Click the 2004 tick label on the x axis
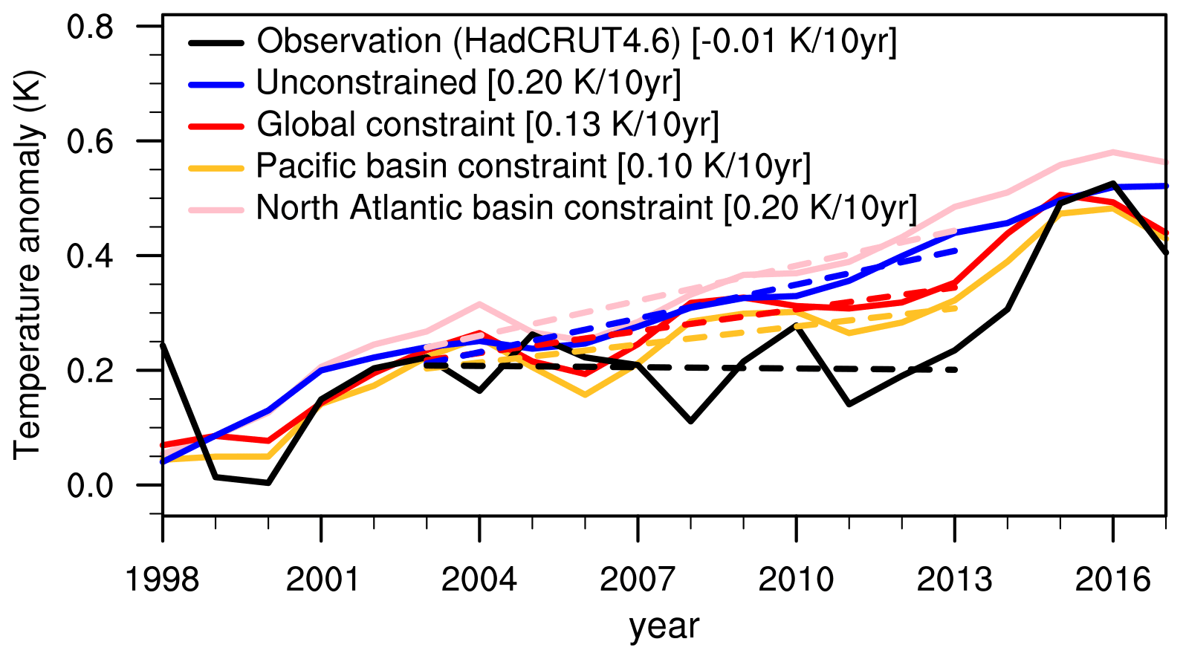pos(479,579)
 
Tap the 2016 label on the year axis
pos(1112,579)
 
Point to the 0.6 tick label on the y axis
pos(91,141)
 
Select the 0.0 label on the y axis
pos(91,485)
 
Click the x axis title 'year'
pos(664,626)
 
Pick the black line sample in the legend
pos(216,42)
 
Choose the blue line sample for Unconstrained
pos(216,84)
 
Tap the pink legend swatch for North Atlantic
pos(216,209)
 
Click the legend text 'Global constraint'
pos(386,125)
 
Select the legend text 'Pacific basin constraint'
pos(432,166)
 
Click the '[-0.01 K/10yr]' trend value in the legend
pos(794,42)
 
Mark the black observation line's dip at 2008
pos(691,421)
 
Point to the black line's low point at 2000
pos(268,483)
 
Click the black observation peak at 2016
pos(1112,183)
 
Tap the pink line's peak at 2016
pos(1112,152)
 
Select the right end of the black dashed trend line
pos(956,369)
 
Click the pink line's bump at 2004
pos(479,304)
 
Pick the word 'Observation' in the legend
pos(349,42)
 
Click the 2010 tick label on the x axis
pos(796,579)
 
